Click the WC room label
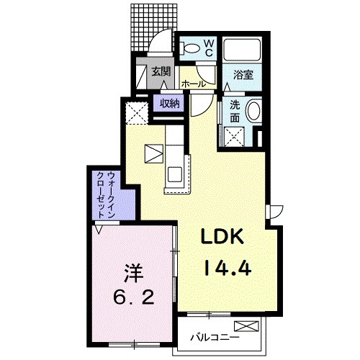[209, 48]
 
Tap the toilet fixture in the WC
[189, 48]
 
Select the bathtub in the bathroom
[242, 50]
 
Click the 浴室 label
[243, 75]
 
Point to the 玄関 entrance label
[161, 71]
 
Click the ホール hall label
[194, 84]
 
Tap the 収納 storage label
[170, 104]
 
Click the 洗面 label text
[235, 111]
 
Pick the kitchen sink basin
[175, 174]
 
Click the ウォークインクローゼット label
[106, 194]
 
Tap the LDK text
[222, 236]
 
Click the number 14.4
[228, 268]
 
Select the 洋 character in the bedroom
[133, 274]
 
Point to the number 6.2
[133, 297]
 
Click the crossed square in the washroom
[234, 137]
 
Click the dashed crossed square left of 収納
[137, 113]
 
